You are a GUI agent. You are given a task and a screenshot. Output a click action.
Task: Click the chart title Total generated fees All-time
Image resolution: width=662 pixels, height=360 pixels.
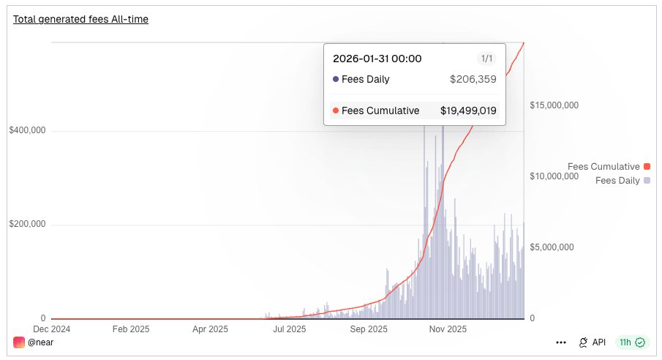tap(80, 19)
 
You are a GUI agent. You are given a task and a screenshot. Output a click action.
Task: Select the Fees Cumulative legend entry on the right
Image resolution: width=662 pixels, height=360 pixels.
tap(604, 167)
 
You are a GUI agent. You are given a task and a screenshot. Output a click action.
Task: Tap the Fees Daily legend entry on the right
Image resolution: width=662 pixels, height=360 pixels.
tap(618, 180)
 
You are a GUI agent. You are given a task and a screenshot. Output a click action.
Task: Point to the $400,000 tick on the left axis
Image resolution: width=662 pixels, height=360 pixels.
tap(27, 131)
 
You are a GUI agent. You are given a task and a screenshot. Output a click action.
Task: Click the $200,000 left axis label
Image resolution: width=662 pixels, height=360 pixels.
tap(27, 225)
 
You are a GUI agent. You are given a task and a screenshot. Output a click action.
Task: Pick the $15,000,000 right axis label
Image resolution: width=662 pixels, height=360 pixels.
tap(554, 105)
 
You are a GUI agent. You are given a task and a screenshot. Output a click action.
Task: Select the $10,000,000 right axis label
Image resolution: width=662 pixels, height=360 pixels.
tap(554, 176)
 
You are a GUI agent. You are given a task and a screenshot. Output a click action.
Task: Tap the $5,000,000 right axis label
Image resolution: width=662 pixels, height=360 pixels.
tap(552, 247)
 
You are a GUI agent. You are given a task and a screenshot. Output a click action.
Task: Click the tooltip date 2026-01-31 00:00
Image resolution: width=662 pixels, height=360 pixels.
tap(377, 59)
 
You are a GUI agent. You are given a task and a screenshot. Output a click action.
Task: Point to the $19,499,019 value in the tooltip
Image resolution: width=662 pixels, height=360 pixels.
tap(468, 110)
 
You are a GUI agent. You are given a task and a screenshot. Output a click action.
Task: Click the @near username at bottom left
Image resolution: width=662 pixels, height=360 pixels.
tap(40, 342)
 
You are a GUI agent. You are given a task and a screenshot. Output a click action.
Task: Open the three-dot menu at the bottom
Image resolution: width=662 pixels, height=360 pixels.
tap(561, 342)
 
